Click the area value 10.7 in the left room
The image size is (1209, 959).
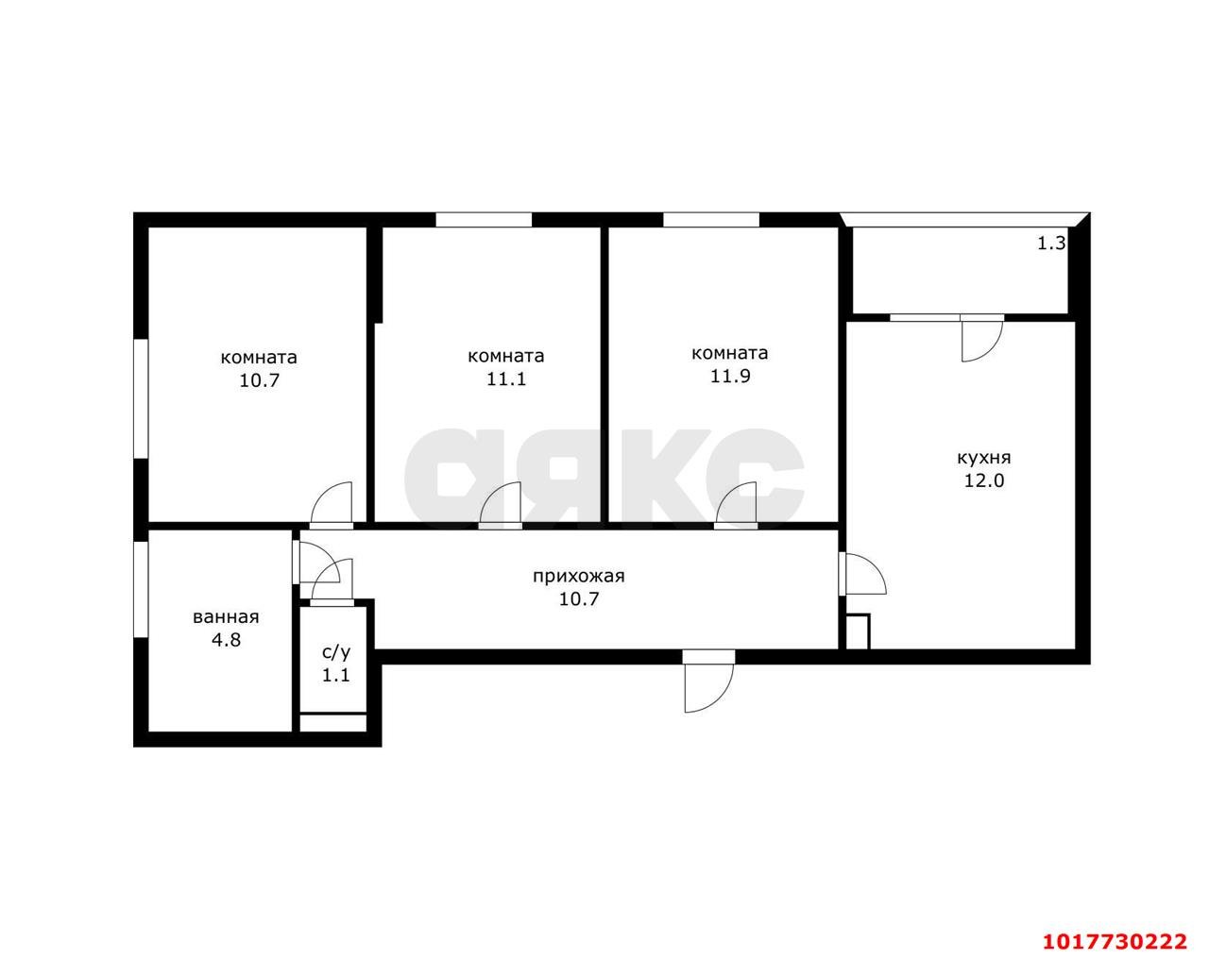pyautogui.click(x=260, y=381)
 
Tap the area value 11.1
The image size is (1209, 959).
pyautogui.click(x=506, y=379)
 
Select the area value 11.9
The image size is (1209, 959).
pyautogui.click(x=730, y=377)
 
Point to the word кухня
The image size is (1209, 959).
pyautogui.click(x=984, y=458)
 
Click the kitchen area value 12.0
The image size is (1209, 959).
pyautogui.click(x=984, y=481)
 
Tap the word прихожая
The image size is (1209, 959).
pyautogui.click(x=579, y=577)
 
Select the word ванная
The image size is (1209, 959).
pyautogui.click(x=226, y=617)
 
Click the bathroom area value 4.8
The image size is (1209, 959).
pyautogui.click(x=226, y=640)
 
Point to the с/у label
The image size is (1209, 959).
pyautogui.click(x=336, y=652)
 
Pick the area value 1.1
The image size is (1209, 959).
pyautogui.click(x=336, y=675)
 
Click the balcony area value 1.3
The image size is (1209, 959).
pyautogui.click(x=1051, y=244)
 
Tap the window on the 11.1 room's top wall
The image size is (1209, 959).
pyautogui.click(x=484, y=220)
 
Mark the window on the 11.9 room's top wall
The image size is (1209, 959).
pyautogui.click(x=711, y=220)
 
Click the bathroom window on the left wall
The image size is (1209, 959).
pyautogui.click(x=141, y=590)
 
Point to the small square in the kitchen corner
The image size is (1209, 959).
pyautogui.click(x=858, y=632)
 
